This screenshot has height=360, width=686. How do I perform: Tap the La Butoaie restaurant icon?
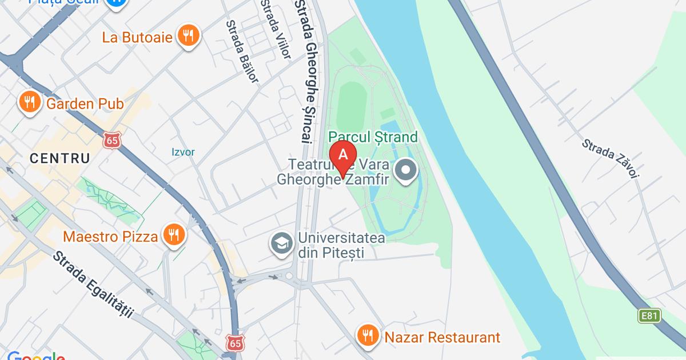click(x=188, y=36)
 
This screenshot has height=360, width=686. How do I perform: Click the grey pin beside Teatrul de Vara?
click(x=406, y=170)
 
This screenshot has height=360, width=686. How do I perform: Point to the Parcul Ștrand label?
click(x=373, y=137)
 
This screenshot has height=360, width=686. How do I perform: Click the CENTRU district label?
click(x=60, y=158)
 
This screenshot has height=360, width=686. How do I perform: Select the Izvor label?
click(x=184, y=152)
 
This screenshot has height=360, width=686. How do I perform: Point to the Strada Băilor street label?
click(x=242, y=51)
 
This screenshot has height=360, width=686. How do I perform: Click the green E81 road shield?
click(x=649, y=315)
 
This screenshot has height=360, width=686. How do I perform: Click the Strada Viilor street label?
click(x=276, y=29)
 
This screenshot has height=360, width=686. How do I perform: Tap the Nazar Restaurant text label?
click(x=442, y=337)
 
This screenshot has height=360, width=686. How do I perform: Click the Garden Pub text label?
click(x=85, y=103)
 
